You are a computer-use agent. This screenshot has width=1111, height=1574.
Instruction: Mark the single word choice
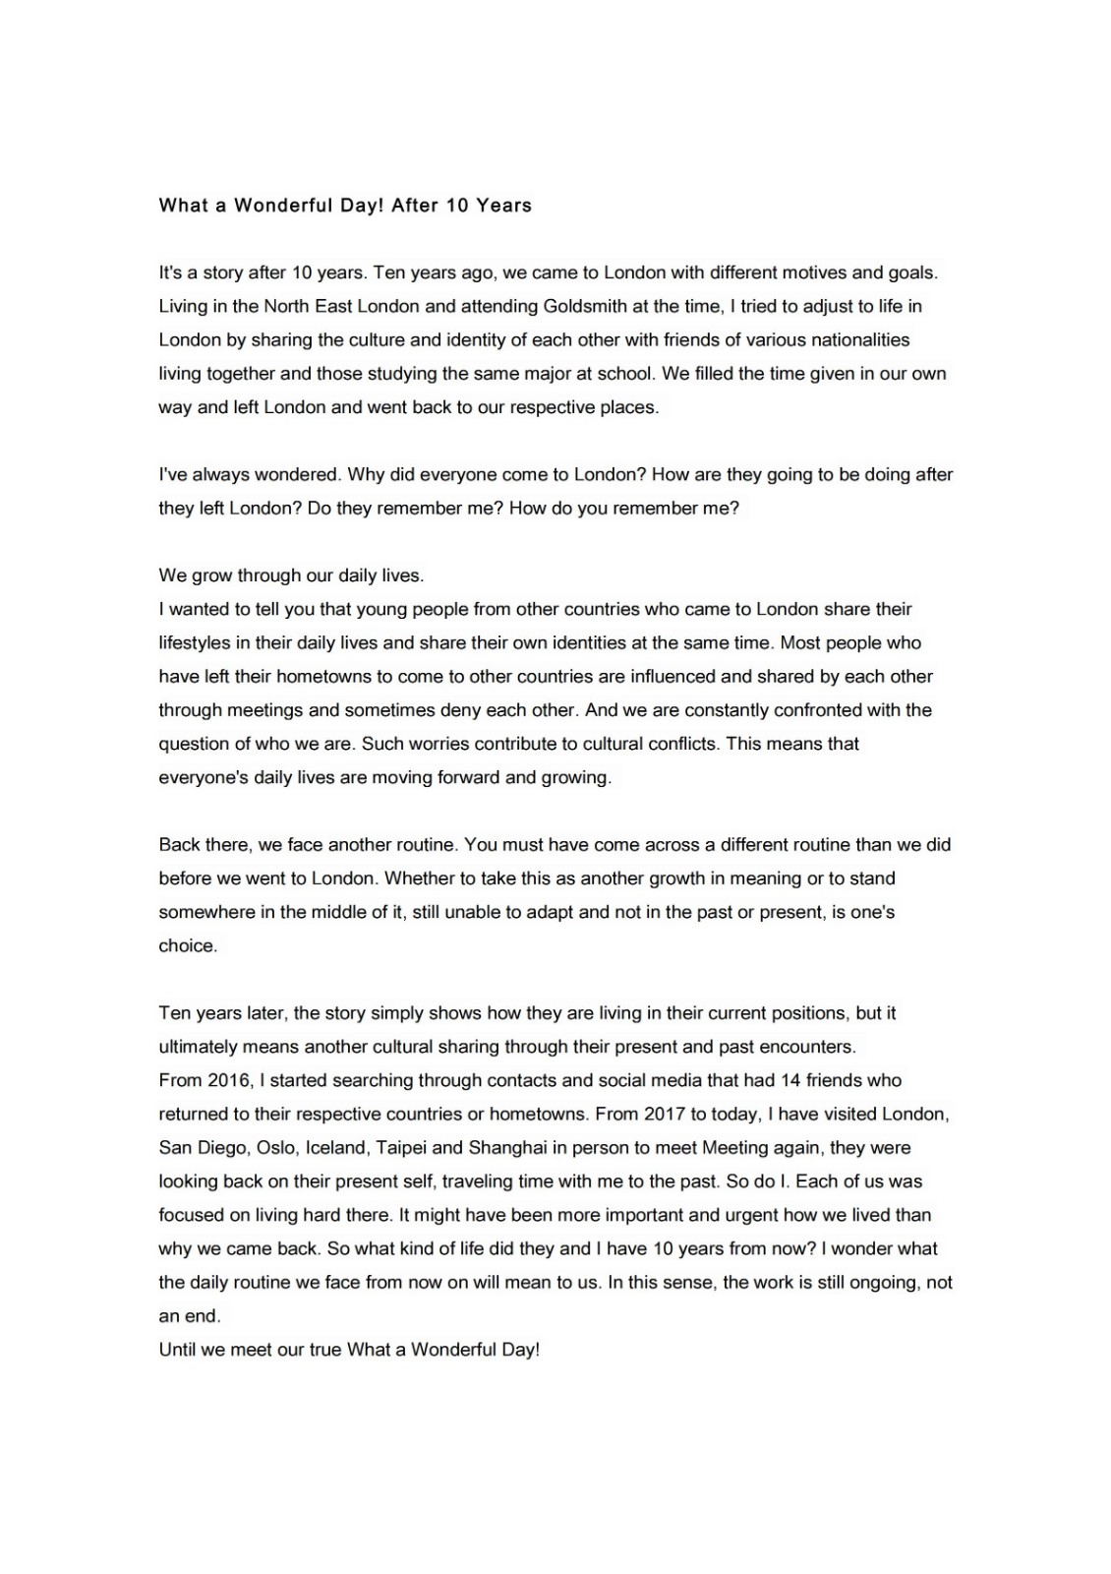click(187, 945)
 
